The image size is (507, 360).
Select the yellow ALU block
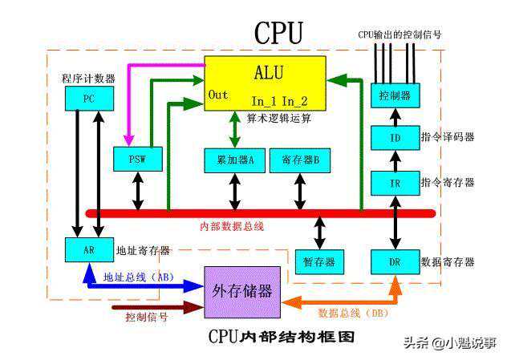[x=266, y=83]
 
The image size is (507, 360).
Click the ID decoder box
[x=395, y=137]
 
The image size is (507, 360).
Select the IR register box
[x=395, y=184]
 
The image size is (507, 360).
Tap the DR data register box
[x=395, y=262]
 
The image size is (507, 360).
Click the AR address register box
[x=87, y=249]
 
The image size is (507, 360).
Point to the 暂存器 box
[x=319, y=262]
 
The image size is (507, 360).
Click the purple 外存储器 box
[x=241, y=291]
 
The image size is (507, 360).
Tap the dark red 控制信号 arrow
[x=152, y=306]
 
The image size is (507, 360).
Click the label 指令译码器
[x=447, y=137]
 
